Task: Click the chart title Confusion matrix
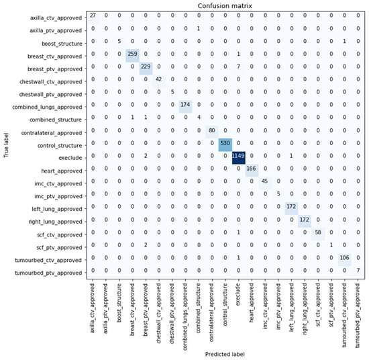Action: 226,5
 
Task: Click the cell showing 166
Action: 252,170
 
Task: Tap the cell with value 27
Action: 93,15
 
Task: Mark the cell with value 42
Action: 159,79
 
